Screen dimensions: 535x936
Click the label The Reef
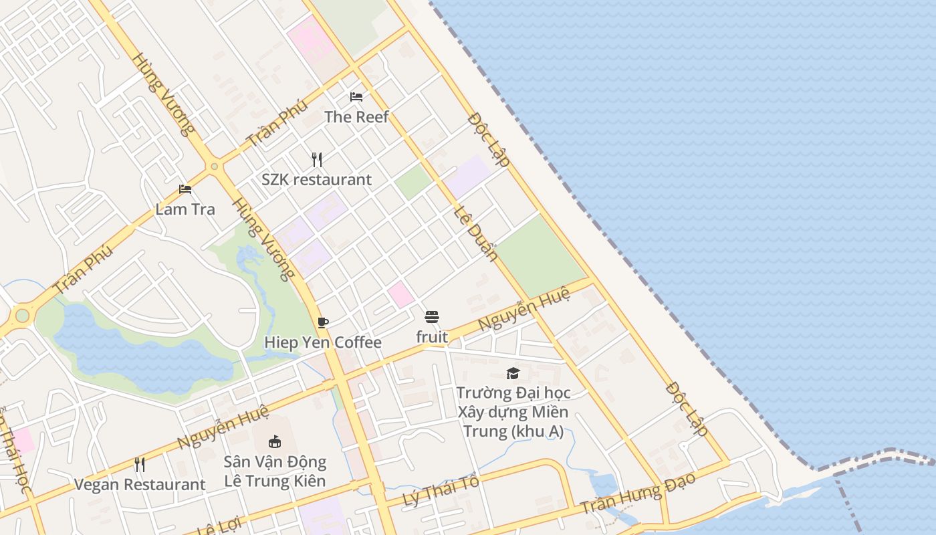[x=356, y=117]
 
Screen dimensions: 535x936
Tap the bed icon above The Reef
[x=356, y=97]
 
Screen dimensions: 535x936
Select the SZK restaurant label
[x=316, y=179]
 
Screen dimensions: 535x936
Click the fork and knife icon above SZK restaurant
[x=317, y=160]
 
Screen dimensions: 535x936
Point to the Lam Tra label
[x=185, y=209]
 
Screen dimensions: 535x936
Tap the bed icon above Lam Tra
[x=185, y=190]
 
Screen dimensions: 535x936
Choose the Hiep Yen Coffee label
[x=323, y=342]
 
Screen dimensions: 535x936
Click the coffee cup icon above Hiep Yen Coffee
[x=323, y=323]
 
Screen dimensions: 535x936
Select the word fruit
[x=432, y=337]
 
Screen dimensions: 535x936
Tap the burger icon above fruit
[x=432, y=316]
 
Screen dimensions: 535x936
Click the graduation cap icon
[x=513, y=373]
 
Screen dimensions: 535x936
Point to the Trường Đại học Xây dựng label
[x=513, y=402]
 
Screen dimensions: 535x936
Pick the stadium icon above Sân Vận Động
[x=274, y=441]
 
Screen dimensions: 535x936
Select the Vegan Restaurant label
[x=140, y=484]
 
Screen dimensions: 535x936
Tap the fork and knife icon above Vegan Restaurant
[x=140, y=464]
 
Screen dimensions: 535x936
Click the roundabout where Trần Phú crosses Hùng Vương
[x=214, y=166]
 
